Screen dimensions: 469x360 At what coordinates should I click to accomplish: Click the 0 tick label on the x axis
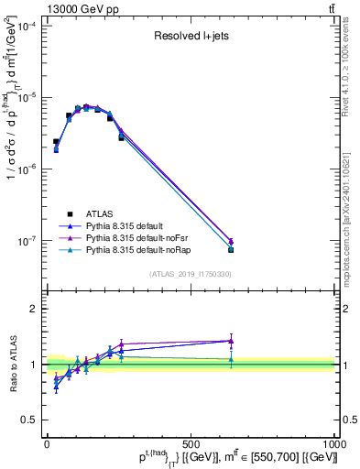pos(47,444)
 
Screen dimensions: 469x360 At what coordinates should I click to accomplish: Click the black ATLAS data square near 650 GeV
pos(231,249)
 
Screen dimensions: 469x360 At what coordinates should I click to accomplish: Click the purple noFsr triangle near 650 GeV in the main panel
pos(231,242)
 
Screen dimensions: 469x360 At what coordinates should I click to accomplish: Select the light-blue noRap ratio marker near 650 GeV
pos(231,360)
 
